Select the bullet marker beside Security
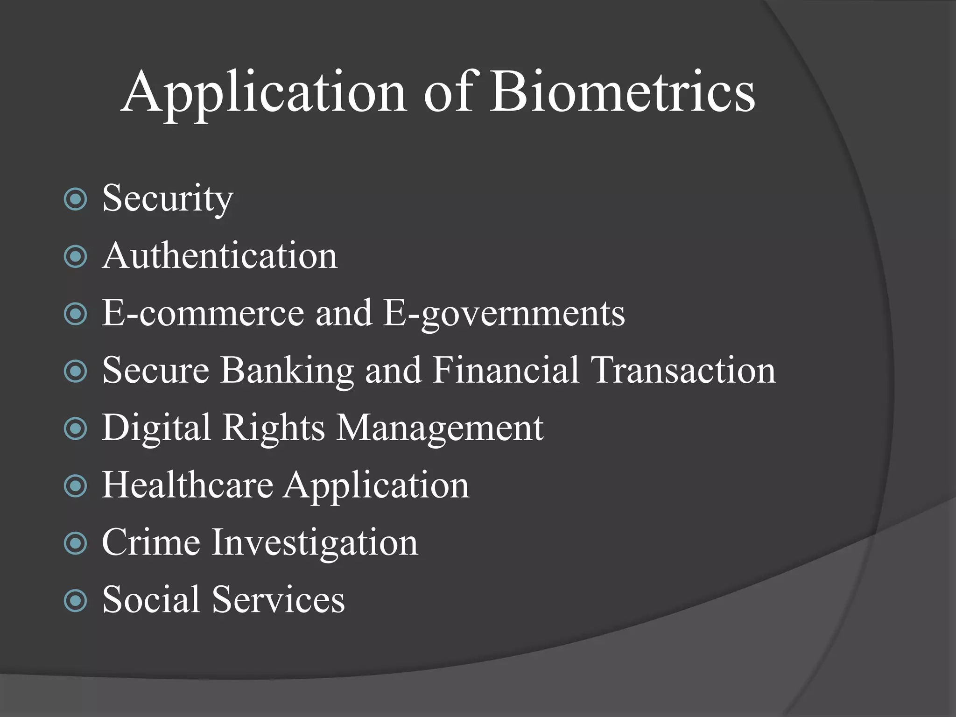pos(75,199)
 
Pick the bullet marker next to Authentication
pos(75,257)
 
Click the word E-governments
pos(504,314)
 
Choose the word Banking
pos(287,371)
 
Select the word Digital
pos(156,428)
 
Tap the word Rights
pos(273,428)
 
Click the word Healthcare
pos(187,485)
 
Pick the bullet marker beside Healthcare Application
pos(75,486)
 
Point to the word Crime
pos(151,542)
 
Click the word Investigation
pos(315,543)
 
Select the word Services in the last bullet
pos(279,599)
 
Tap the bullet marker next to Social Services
pos(75,600)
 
